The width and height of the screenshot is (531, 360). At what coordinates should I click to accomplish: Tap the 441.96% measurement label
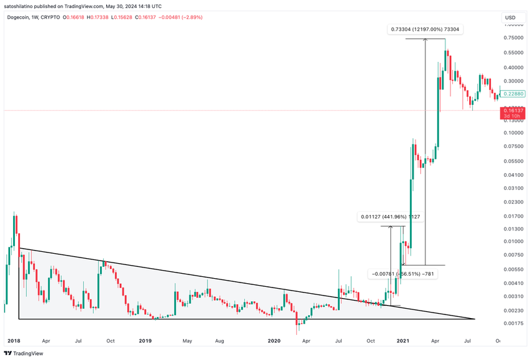pos(390,217)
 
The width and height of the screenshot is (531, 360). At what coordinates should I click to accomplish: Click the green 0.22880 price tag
pos(515,94)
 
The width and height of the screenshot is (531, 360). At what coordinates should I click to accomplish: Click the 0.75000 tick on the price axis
pos(514,38)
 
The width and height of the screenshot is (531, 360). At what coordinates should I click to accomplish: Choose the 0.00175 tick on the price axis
pos(514,324)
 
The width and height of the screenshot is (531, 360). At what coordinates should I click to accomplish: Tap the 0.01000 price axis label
pos(514,242)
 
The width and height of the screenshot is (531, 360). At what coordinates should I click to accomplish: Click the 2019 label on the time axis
pos(145,341)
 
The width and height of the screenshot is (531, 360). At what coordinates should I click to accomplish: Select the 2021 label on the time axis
pos(403,341)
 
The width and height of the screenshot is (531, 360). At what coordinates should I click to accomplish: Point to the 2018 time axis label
pos(13,341)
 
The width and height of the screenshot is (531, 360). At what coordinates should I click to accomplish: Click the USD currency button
pos(510,17)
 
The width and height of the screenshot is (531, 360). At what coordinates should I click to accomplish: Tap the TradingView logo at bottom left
pos(26,353)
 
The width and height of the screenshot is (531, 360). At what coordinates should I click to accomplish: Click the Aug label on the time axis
pos(219,341)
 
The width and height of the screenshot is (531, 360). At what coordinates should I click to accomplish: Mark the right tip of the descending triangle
pos(475,319)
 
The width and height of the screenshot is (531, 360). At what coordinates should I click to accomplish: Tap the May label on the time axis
pos(187,341)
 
